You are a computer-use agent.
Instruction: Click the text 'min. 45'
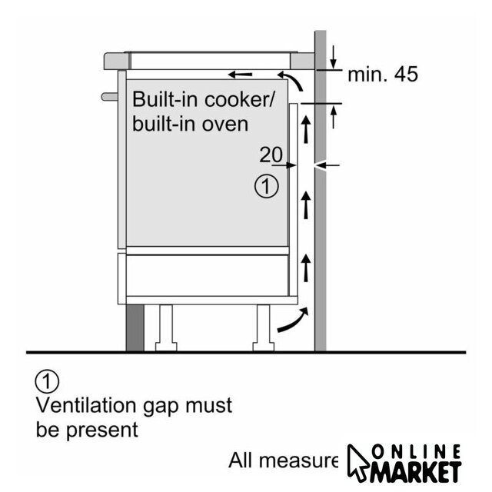click(382, 75)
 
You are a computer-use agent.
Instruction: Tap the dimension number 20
click(270, 155)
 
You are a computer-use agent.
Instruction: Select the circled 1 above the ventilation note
click(48, 380)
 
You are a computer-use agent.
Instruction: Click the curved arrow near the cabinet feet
click(294, 320)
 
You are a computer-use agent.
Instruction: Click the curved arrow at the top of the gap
click(291, 78)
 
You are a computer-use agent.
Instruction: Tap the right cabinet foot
click(261, 326)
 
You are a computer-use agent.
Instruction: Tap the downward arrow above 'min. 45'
click(334, 55)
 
